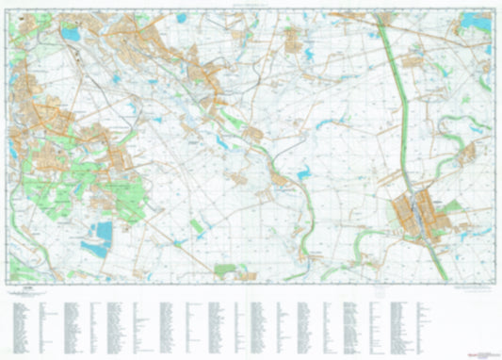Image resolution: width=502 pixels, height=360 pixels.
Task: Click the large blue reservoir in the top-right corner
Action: click(x=477, y=21)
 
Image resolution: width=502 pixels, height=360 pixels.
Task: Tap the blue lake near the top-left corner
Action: click(x=71, y=35)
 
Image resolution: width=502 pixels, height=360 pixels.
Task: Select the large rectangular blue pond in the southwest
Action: click(x=102, y=230)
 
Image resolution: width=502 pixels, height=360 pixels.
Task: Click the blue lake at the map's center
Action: click(x=303, y=174)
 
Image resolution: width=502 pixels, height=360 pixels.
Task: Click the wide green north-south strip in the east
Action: click(x=399, y=104)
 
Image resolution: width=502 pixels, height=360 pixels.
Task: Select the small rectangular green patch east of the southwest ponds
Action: click(x=196, y=227)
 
